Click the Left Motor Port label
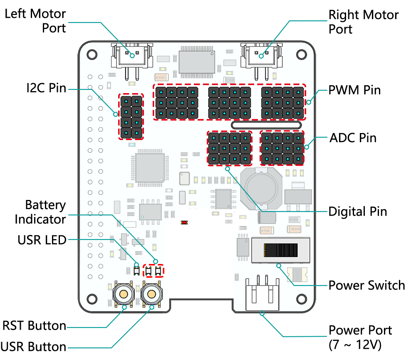click(35, 21)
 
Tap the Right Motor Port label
click(364, 22)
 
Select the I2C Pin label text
click(46, 88)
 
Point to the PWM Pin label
click(354, 90)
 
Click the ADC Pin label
click(353, 138)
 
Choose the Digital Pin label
click(358, 212)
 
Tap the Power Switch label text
click(367, 285)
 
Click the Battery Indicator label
click(40, 212)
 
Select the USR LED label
click(42, 240)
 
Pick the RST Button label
click(35, 325)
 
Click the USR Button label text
click(33, 347)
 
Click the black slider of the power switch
click(281, 250)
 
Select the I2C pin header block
click(131, 116)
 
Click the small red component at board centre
click(184, 222)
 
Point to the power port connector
click(262, 293)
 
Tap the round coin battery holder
click(261, 188)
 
